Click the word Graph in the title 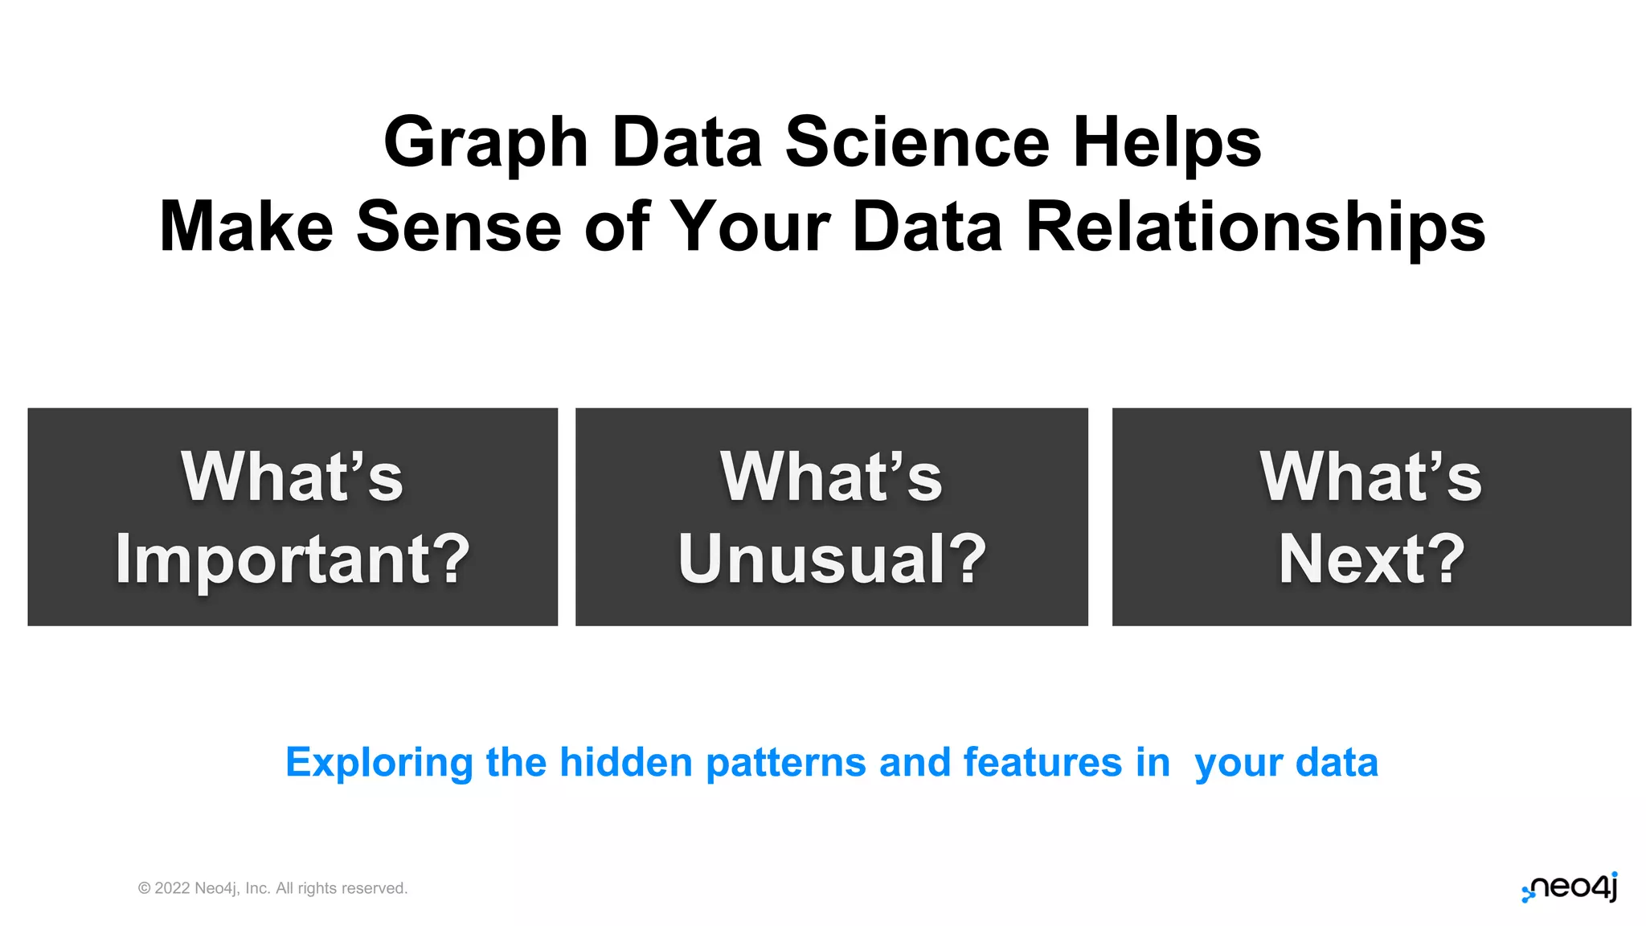(x=485, y=143)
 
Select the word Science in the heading (x=917, y=143)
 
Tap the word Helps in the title (x=1167, y=143)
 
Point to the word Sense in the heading (x=459, y=227)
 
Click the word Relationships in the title (x=1255, y=227)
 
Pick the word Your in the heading (x=750, y=227)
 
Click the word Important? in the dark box (x=293, y=559)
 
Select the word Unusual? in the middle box (x=832, y=559)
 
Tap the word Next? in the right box (x=1372, y=559)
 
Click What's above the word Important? (x=293, y=477)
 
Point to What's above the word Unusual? (x=832, y=477)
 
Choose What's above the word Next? (x=1372, y=477)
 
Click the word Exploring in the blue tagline (x=379, y=763)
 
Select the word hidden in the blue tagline (x=626, y=762)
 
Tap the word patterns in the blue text (x=786, y=763)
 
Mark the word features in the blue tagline (x=1042, y=762)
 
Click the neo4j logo (x=1570, y=887)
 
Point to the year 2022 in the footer (x=172, y=888)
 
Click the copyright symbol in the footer (x=145, y=888)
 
